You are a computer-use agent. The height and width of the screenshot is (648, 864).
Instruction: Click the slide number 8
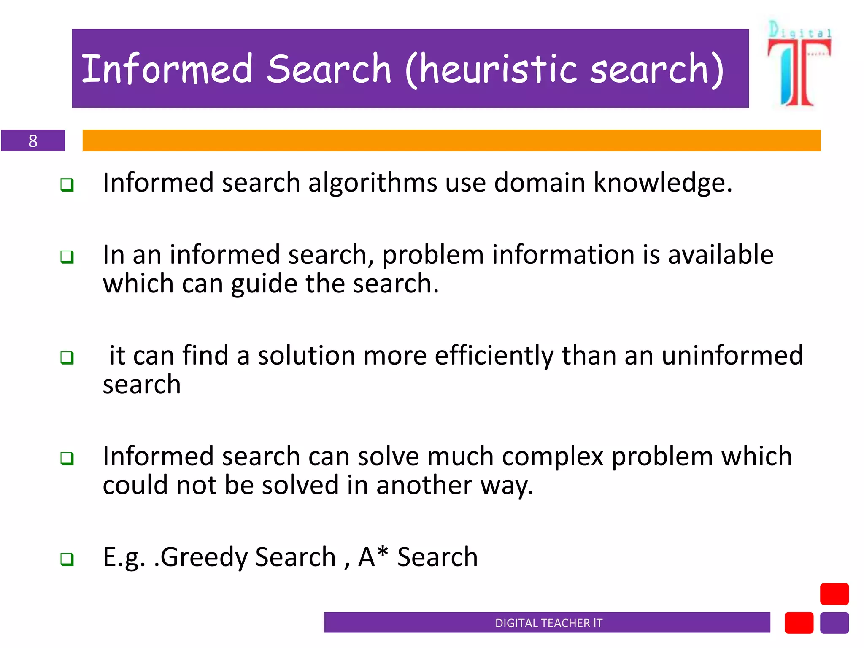[33, 140]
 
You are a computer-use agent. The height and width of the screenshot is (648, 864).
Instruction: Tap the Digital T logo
[799, 63]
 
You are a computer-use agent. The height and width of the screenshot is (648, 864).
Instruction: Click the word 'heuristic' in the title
[498, 70]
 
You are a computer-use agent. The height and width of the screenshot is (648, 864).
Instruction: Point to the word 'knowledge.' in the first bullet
[663, 183]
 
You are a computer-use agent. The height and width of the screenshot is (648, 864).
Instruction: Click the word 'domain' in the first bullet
[540, 183]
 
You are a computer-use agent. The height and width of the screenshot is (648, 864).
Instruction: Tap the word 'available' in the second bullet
[721, 255]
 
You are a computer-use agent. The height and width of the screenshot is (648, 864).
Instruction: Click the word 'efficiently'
[494, 356]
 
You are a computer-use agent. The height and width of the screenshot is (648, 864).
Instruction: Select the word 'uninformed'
[732, 355]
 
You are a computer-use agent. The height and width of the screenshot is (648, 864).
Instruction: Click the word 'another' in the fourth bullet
[424, 485]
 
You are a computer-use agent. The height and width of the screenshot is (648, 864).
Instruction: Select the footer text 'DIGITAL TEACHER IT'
[548, 623]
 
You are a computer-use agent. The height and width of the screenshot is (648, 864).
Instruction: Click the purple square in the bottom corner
[834, 623]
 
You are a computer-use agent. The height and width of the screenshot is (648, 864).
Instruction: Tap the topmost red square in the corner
[834, 594]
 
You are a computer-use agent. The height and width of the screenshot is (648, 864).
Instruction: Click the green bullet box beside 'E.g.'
[67, 559]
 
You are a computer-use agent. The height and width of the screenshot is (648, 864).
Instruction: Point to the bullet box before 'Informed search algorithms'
[67, 185]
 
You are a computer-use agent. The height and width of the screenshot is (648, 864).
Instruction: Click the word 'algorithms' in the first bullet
[373, 183]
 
